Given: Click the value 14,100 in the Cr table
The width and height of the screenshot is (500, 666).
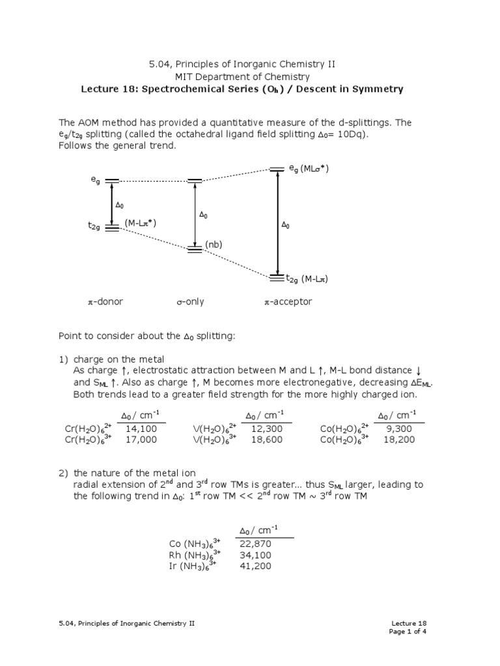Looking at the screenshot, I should [141, 429].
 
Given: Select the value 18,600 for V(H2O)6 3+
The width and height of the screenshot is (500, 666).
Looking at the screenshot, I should [266, 440].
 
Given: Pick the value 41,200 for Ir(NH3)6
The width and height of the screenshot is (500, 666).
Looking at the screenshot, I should [255, 566].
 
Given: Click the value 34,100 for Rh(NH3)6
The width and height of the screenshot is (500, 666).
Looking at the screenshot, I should [255, 555].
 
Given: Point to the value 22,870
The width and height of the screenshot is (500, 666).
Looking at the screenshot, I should [255, 543].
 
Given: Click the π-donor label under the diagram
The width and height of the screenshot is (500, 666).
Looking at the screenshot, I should [105, 302].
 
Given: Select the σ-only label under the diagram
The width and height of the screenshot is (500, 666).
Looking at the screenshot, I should [190, 302].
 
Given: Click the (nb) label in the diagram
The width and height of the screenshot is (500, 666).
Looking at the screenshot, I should [214, 245].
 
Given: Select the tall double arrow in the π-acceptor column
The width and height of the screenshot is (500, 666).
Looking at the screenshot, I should [278, 224].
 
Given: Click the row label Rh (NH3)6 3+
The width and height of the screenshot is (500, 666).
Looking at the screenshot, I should [195, 555].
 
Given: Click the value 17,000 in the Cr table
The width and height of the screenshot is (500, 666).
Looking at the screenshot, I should [141, 440].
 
